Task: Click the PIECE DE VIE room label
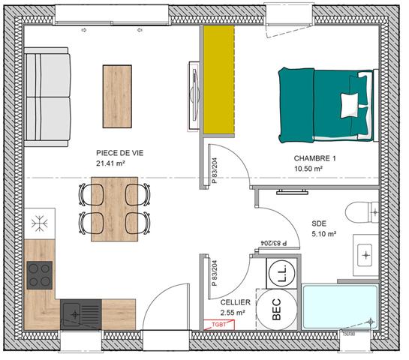click(119, 152)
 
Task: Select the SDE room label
click(320, 223)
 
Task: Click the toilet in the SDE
click(362, 212)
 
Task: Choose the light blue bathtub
click(340, 306)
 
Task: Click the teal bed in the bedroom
click(326, 104)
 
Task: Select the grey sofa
click(47, 97)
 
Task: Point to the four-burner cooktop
click(40, 274)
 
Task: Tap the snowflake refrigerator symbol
click(40, 223)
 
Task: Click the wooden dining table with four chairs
click(114, 208)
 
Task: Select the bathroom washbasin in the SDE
click(366, 256)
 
